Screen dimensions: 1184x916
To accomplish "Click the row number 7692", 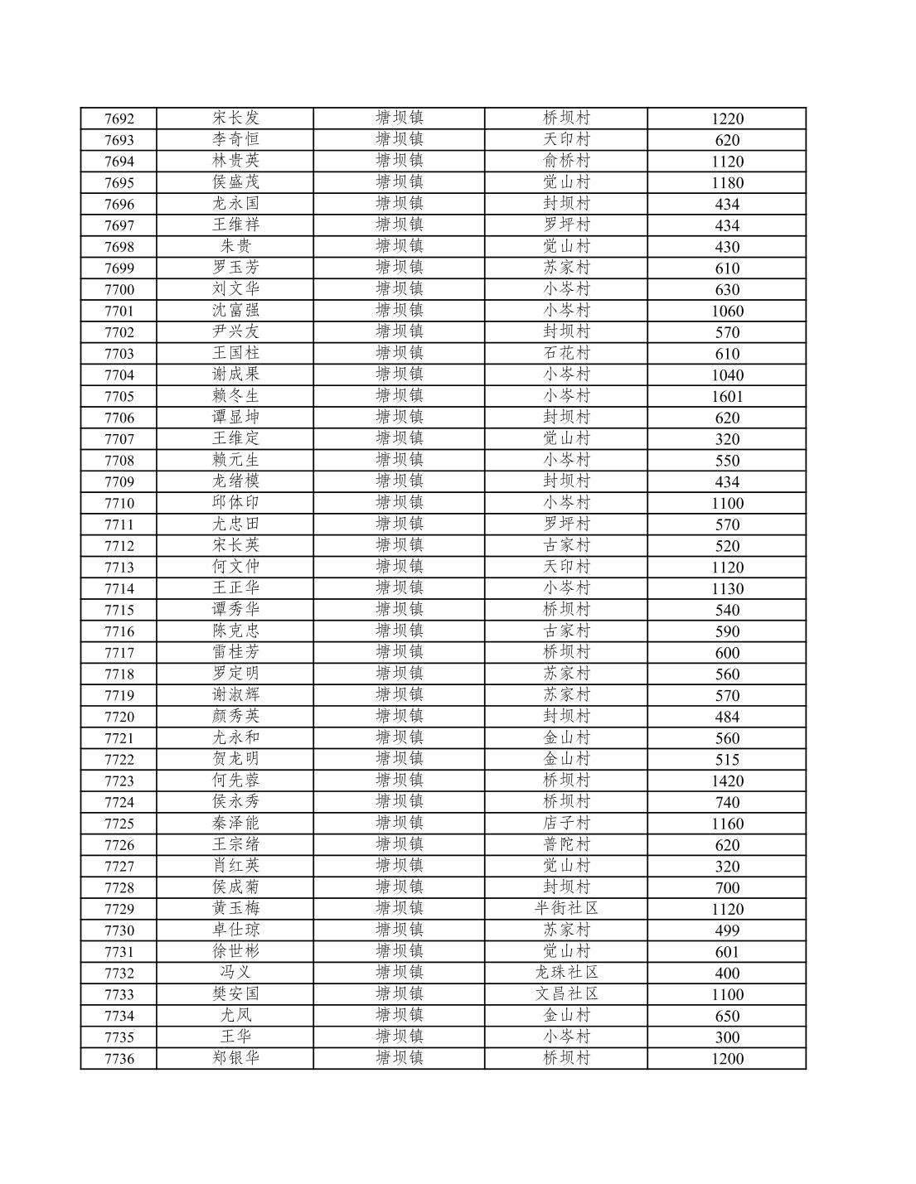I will tap(119, 118).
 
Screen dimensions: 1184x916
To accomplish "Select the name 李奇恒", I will tap(235, 139).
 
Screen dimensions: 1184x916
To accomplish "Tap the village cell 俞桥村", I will tap(566, 161).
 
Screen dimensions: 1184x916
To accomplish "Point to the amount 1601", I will tap(727, 396).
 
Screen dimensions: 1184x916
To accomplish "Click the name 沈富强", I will tap(235, 311).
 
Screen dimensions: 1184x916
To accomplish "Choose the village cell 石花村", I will tap(566, 353).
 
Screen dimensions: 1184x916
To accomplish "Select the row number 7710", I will tap(119, 503).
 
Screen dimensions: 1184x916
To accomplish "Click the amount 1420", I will tap(727, 780).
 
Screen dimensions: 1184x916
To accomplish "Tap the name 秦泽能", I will tap(235, 824).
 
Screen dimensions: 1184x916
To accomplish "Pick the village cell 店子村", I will tap(566, 824).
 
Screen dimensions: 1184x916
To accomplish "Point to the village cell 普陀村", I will tap(566, 845).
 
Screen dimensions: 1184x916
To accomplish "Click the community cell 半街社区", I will tap(566, 909).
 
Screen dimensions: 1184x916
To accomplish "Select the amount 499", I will tap(727, 930).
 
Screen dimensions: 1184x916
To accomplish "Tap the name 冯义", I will tap(235, 973).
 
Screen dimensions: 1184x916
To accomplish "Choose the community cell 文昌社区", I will tap(566, 994).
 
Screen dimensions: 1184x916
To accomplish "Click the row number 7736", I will tap(119, 1059).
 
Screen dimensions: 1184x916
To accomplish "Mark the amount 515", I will tap(727, 760).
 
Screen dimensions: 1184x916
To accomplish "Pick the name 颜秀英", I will tap(235, 717).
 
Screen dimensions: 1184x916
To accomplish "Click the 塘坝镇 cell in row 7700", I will tap(400, 289).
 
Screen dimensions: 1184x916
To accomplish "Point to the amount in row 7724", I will tap(727, 802).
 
